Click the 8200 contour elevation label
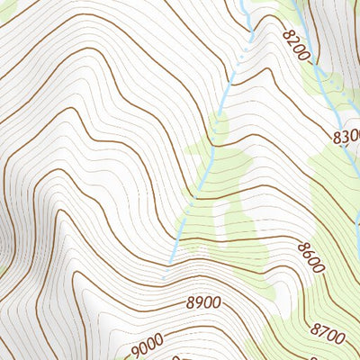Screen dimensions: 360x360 pos(295,45)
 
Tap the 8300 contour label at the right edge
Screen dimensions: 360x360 pos(346,137)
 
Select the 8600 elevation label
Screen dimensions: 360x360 pos(310,253)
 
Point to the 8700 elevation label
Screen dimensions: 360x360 pos(327,332)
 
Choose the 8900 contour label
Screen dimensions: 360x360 pos(204,304)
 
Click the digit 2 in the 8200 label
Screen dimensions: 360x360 pos(291,40)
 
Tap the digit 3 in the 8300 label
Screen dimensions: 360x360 pos(346,137)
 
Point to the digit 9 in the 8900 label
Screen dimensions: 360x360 pos(200,304)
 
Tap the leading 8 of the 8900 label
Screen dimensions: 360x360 pos(191,304)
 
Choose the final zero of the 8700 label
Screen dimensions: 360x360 pos(340,337)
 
